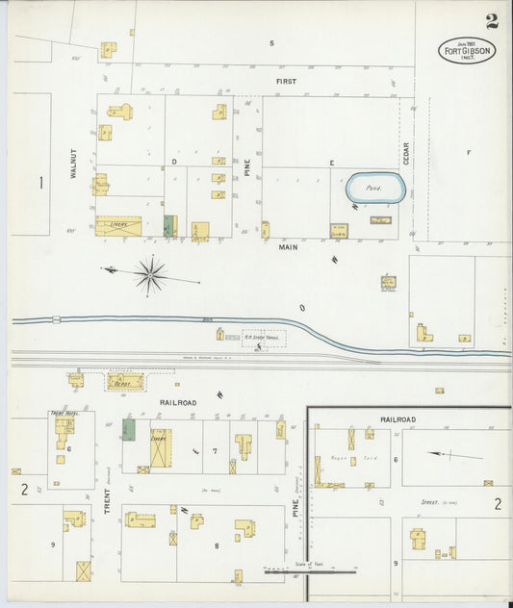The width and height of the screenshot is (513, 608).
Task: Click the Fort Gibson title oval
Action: point(467,50)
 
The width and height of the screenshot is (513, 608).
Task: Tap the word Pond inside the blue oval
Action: point(374,189)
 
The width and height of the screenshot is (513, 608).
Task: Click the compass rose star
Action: point(150,274)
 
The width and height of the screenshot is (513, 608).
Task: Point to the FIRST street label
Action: point(287,82)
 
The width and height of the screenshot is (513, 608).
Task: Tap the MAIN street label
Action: point(289,247)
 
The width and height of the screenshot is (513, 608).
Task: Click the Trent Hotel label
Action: point(62,414)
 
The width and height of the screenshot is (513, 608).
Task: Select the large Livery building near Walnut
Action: point(118,226)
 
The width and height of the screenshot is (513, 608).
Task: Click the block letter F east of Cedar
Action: point(469,153)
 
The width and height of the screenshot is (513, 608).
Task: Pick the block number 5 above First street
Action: point(272,43)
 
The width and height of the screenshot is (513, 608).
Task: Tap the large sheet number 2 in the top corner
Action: point(492,21)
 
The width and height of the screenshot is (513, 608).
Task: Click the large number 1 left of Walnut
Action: point(40,182)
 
